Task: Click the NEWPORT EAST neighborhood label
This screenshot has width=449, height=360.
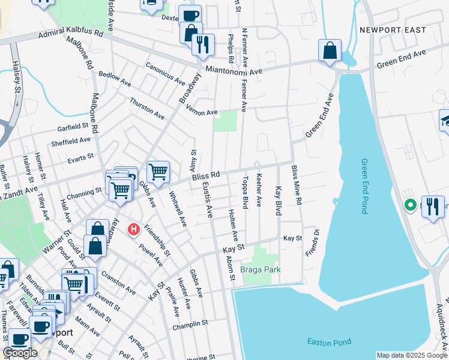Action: pos(393,29)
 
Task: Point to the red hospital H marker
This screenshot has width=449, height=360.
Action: pos(134,229)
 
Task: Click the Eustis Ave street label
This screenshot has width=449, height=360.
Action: pos(208,200)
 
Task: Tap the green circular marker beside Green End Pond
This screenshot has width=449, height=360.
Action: pos(411,205)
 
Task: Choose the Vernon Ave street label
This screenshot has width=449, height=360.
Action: pos(201,112)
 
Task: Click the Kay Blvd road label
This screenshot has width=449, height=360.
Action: pos(279,200)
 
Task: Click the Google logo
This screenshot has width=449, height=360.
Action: pos(20,352)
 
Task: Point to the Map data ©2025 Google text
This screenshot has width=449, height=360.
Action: pos(411,355)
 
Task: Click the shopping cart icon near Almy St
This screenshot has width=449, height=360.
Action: pos(158,172)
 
